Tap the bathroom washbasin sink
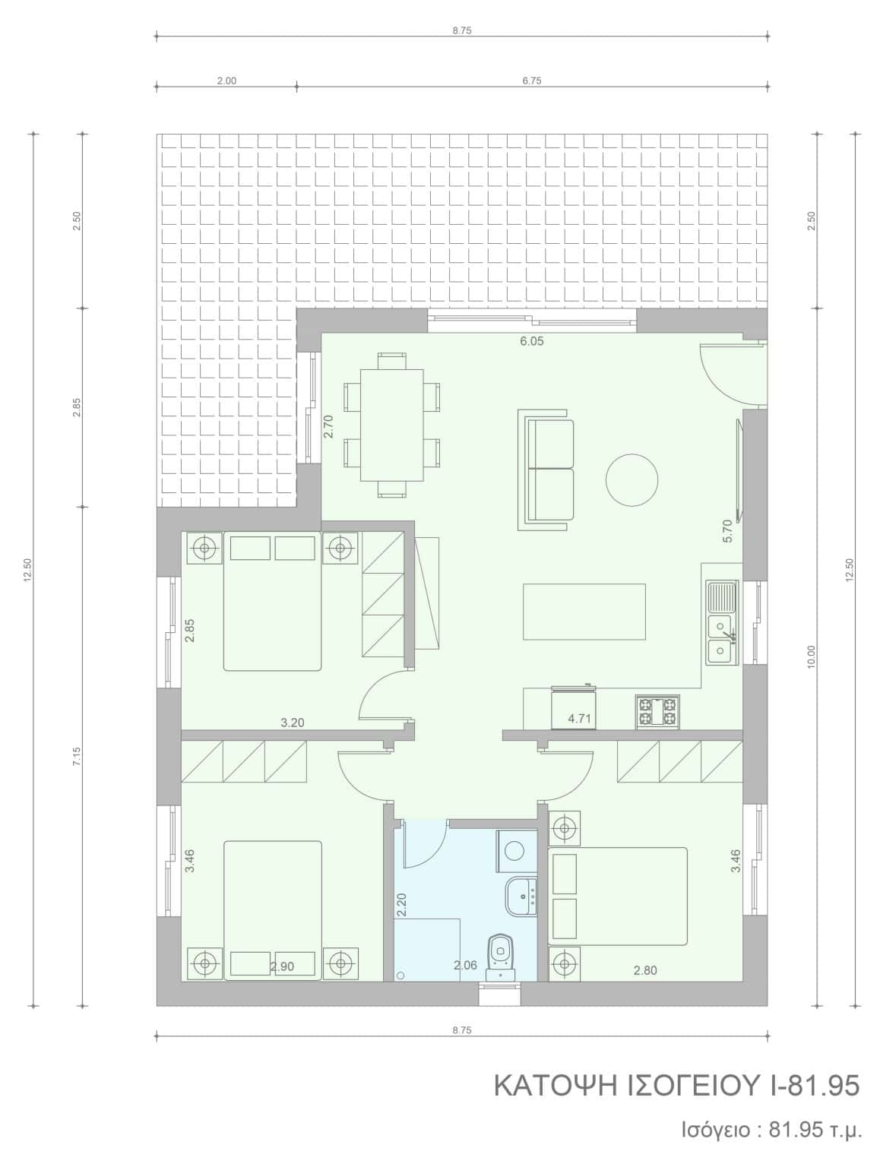(x=521, y=895)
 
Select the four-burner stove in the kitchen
(x=658, y=712)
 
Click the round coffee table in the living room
(x=632, y=479)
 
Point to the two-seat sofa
(x=546, y=470)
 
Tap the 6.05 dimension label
(x=532, y=341)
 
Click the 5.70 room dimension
(x=728, y=530)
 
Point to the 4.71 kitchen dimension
(x=580, y=719)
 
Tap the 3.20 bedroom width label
(x=293, y=723)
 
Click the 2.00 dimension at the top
(x=226, y=81)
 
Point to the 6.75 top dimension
(x=532, y=81)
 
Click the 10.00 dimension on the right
(x=811, y=657)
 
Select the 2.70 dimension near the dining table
(x=328, y=426)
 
